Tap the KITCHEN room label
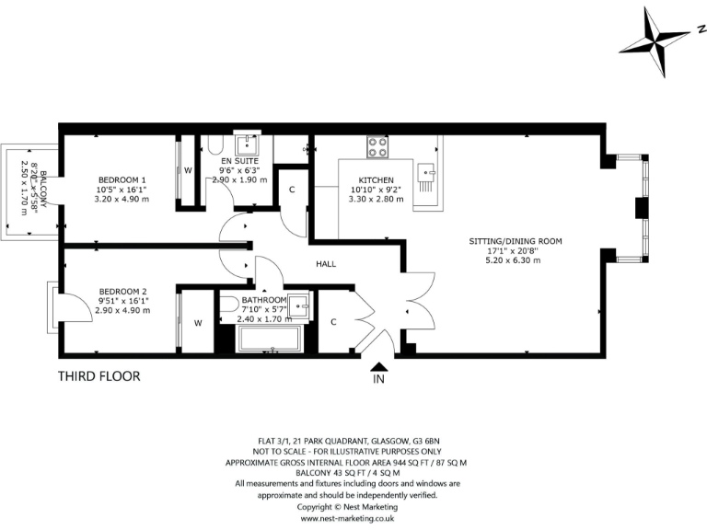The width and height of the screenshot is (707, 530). pos(376,179)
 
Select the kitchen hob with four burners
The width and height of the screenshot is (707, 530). pos(377,145)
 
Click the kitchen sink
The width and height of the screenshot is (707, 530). pos(426,172)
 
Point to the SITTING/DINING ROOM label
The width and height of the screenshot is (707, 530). pos(515,241)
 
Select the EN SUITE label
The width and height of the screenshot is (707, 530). pos(239,160)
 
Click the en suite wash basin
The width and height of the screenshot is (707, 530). pos(249,144)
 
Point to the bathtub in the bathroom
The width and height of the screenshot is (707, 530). pos(272,339)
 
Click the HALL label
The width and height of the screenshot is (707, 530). pos(326,264)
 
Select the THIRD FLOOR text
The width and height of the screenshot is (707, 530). pos(99,376)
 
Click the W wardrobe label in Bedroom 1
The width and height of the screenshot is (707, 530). pos(187,170)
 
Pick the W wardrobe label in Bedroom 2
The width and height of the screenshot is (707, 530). pos(197,323)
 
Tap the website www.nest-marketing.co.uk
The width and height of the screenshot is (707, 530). pos(347,518)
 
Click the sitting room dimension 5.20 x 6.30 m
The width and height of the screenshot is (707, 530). pos(515,259)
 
